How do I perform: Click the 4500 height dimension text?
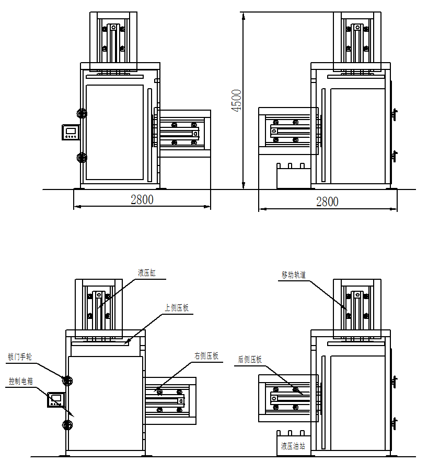tap(236, 100)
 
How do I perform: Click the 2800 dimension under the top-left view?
tap(142, 199)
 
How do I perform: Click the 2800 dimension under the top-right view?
tap(327, 201)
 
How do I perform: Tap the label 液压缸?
tap(147, 272)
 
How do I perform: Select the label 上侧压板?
tap(177, 307)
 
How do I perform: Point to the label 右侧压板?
tap(206, 356)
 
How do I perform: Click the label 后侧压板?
tap(250, 359)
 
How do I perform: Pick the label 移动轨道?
tap(294, 275)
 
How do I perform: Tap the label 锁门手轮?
tap(20, 357)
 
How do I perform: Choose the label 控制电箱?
tap(21, 381)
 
